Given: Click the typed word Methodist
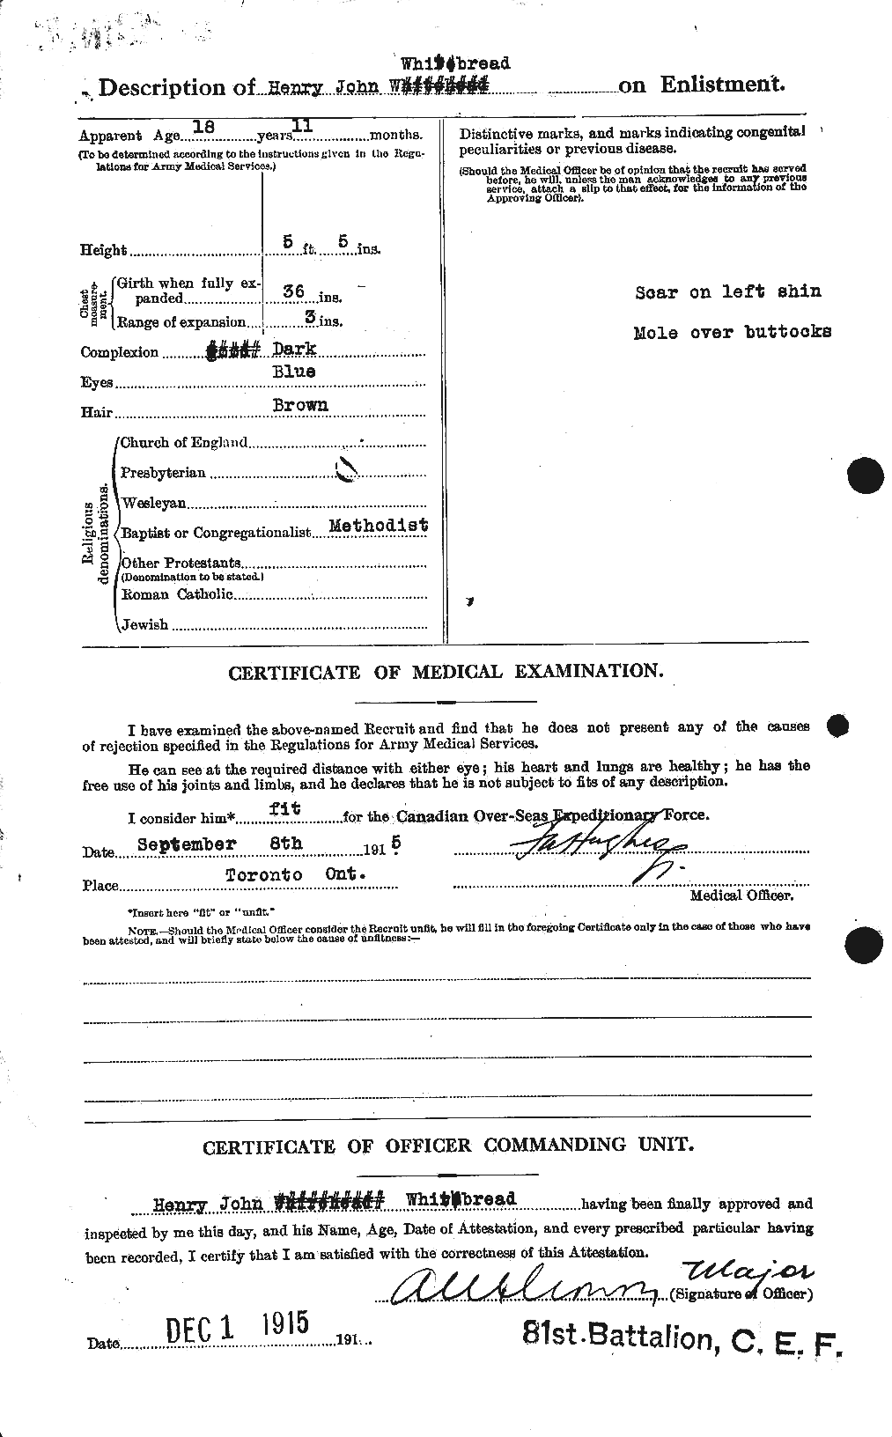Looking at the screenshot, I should (378, 525).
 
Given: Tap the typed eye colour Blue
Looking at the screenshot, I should (292, 372).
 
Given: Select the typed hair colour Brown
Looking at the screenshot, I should (299, 405).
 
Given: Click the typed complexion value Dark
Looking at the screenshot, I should (295, 350).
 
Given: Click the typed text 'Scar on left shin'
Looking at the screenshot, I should (727, 292).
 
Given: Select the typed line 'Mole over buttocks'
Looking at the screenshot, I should (732, 333).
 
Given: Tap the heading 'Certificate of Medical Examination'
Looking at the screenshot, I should (446, 672).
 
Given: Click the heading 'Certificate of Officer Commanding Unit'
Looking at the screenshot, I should (447, 1146).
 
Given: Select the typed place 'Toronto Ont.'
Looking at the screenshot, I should (295, 874).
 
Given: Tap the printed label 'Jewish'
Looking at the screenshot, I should (145, 624).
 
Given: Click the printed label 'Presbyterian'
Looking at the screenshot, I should (164, 473).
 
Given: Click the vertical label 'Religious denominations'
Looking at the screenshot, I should (96, 543).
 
